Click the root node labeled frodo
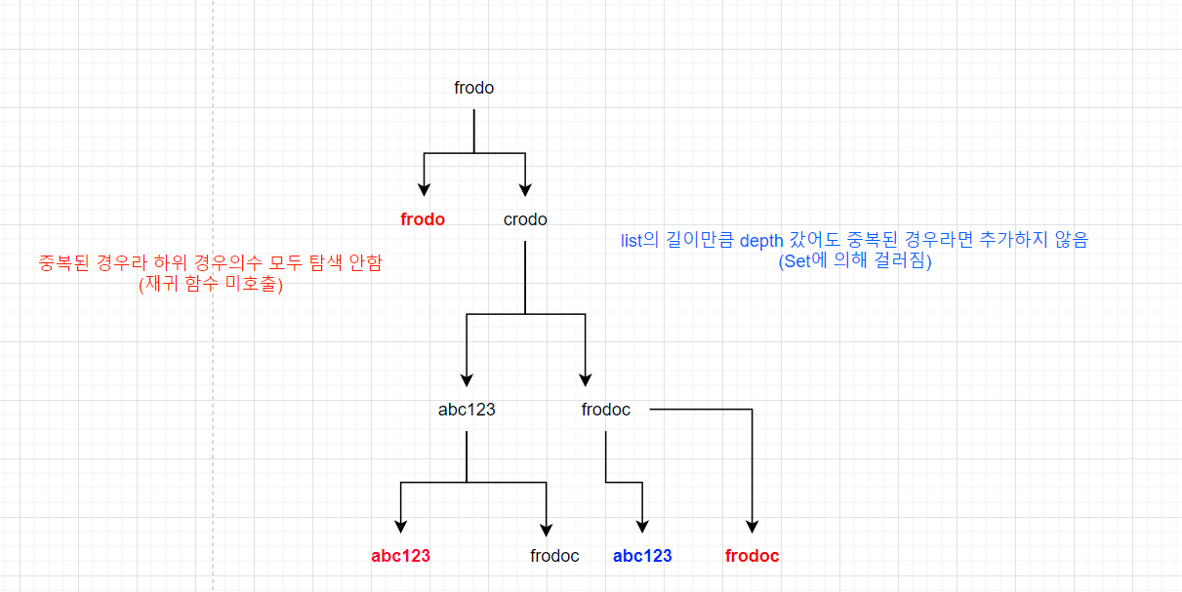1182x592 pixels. click(x=474, y=88)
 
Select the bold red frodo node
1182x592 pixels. click(x=423, y=219)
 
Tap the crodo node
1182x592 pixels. click(x=525, y=219)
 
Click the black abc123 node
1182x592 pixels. click(x=467, y=410)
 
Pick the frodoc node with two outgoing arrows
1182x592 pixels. click(x=606, y=410)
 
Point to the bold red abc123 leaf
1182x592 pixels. click(x=400, y=556)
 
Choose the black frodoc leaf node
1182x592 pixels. click(x=554, y=556)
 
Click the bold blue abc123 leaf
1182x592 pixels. click(x=642, y=556)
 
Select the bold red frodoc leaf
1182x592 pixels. click(x=753, y=556)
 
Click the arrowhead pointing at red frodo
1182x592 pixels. click(x=424, y=190)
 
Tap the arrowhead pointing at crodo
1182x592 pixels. click(x=526, y=190)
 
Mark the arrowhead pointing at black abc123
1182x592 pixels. click(x=468, y=380)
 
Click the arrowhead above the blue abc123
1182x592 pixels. click(x=642, y=527)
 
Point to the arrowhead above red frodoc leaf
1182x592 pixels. click(x=753, y=527)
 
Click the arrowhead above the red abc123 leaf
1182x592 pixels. click(x=401, y=527)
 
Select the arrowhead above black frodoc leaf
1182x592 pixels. click(x=547, y=527)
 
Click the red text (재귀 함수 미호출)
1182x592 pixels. click(x=210, y=284)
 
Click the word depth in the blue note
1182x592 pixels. click(x=761, y=240)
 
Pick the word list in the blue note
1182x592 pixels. click(x=633, y=240)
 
